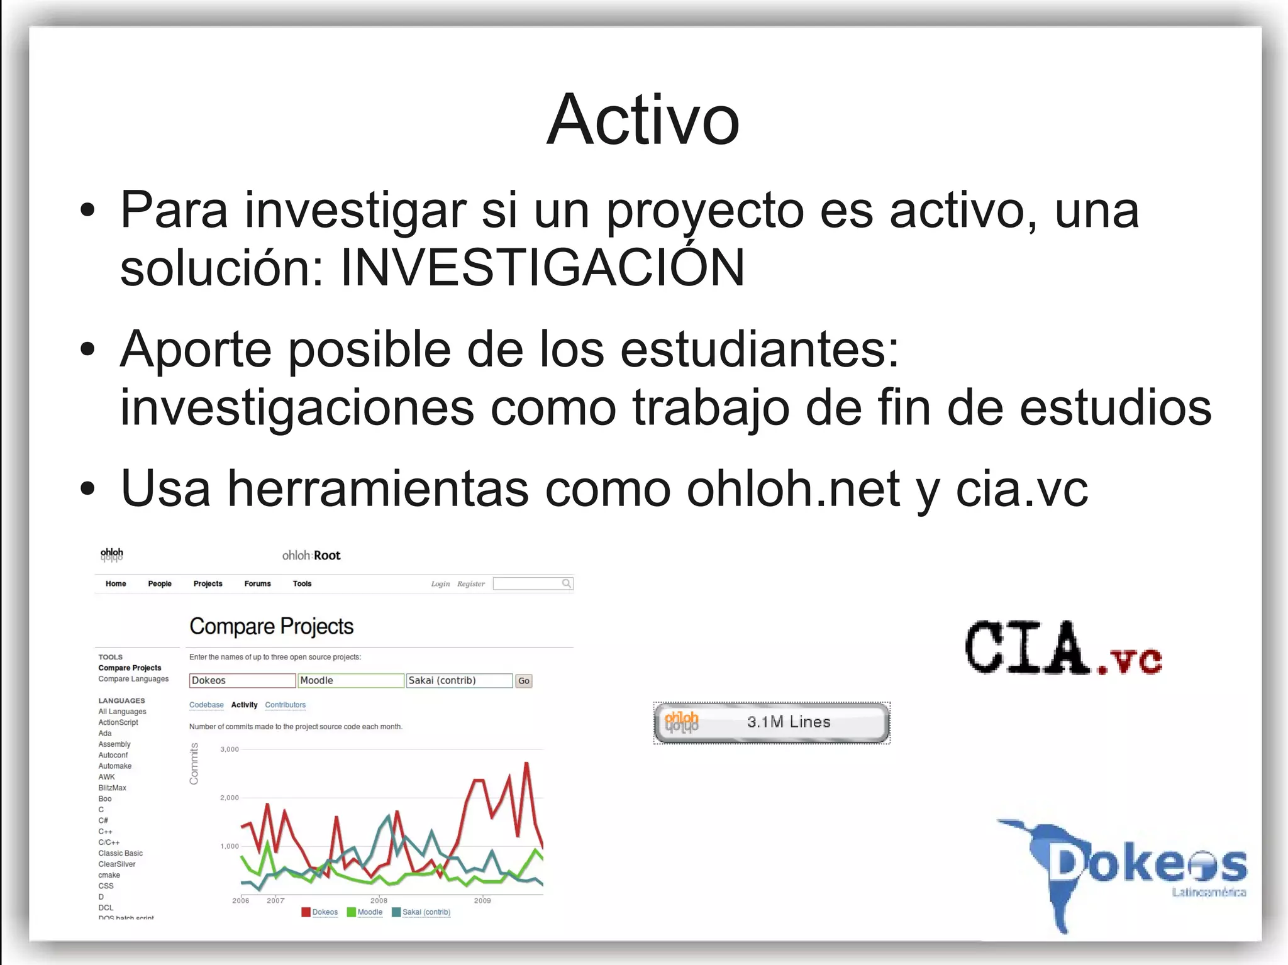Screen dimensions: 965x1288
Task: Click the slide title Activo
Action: point(643,120)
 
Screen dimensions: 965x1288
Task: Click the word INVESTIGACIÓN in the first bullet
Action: point(542,268)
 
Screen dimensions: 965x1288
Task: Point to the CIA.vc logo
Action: point(1063,648)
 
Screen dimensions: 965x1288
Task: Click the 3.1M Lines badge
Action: point(772,722)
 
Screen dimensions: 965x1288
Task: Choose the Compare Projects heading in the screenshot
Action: point(271,626)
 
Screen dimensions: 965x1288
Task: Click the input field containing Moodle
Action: point(350,681)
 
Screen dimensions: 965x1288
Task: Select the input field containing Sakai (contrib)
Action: point(458,681)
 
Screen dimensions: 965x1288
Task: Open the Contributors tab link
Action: point(285,705)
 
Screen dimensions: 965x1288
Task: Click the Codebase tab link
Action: point(206,705)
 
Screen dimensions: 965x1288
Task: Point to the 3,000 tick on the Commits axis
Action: point(230,749)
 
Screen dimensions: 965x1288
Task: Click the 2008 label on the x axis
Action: point(379,901)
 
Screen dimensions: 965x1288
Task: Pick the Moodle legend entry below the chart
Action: point(369,912)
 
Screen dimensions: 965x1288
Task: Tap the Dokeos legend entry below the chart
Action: point(325,912)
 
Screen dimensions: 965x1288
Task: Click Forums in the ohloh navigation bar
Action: point(257,583)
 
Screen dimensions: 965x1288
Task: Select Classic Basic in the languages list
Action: point(120,853)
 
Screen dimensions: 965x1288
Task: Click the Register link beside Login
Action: point(471,584)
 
